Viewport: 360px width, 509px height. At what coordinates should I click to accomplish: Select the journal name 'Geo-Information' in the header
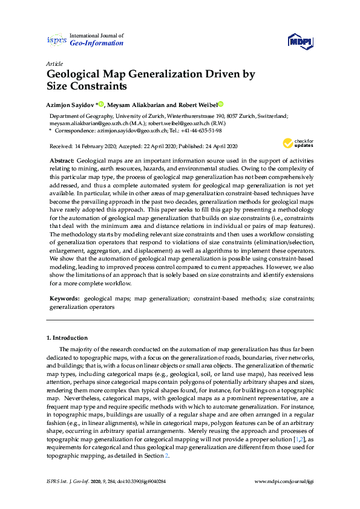97,44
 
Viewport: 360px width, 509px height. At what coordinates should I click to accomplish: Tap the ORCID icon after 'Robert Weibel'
221,104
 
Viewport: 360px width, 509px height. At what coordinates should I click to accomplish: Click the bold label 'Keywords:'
64,298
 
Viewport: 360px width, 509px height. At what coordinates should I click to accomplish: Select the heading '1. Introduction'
67,337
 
